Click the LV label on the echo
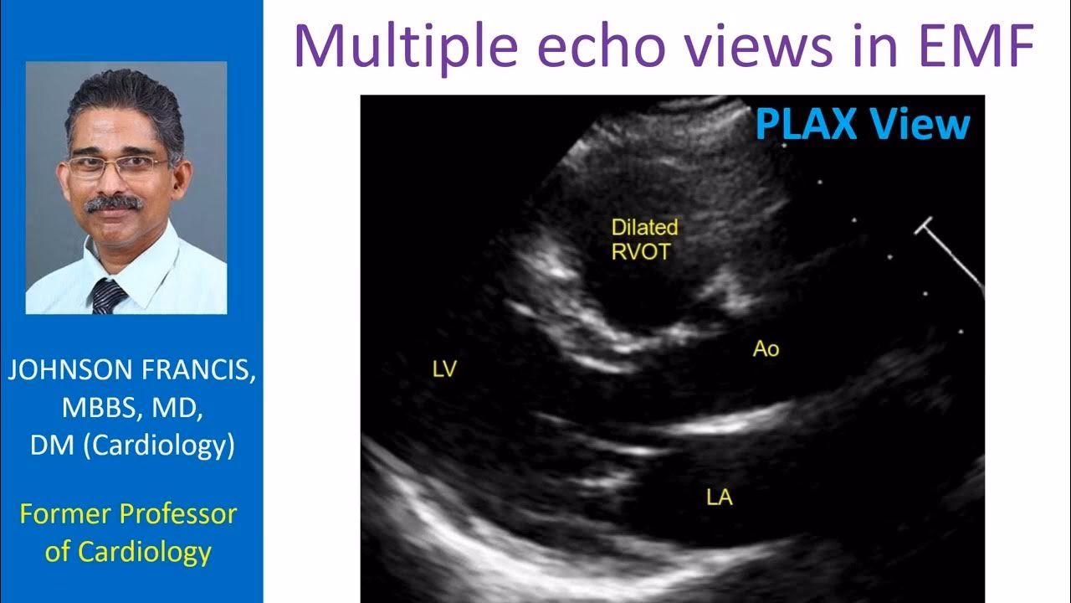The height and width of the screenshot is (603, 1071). pyautogui.click(x=444, y=368)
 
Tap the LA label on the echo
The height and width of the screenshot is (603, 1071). pyautogui.click(x=720, y=497)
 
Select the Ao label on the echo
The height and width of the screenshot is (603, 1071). pyautogui.click(x=766, y=349)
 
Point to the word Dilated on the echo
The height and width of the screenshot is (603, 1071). pyautogui.click(x=645, y=227)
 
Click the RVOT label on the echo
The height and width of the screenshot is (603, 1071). pyautogui.click(x=641, y=252)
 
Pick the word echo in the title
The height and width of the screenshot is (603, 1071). pyautogui.click(x=602, y=45)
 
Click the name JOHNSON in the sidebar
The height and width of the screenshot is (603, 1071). pyautogui.click(x=70, y=370)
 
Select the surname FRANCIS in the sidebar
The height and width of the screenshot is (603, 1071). pyautogui.click(x=198, y=370)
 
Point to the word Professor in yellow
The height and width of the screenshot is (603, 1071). pyautogui.click(x=178, y=514)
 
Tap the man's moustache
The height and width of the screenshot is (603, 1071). pyautogui.click(x=114, y=203)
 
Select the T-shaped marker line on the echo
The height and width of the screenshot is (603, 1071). pyautogui.click(x=950, y=257)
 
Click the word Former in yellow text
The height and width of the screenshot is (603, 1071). pyautogui.click(x=65, y=514)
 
